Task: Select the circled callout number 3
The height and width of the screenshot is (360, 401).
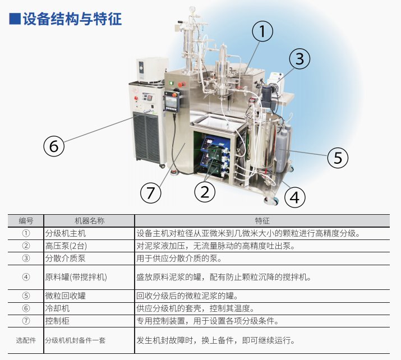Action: click(x=299, y=59)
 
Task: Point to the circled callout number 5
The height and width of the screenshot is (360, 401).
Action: click(x=338, y=158)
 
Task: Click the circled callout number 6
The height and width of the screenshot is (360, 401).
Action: click(x=54, y=146)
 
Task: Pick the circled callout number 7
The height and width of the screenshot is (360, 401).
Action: click(x=150, y=193)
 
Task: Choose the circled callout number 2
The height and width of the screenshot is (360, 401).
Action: click(x=205, y=192)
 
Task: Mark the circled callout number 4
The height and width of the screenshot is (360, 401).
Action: click(x=295, y=197)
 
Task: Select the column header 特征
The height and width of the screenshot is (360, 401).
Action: click(x=263, y=221)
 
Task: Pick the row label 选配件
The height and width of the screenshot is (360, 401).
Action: click(x=26, y=340)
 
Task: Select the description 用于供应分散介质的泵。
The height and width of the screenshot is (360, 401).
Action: click(x=179, y=258)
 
